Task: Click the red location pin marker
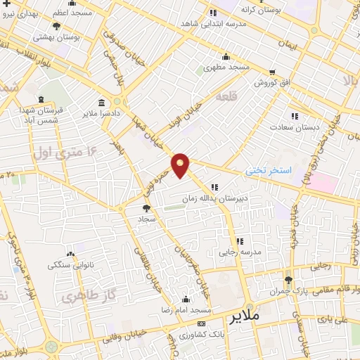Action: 181,165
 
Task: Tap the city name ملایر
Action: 245,317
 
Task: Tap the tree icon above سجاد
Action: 146,208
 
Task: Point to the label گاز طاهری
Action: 77,297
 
